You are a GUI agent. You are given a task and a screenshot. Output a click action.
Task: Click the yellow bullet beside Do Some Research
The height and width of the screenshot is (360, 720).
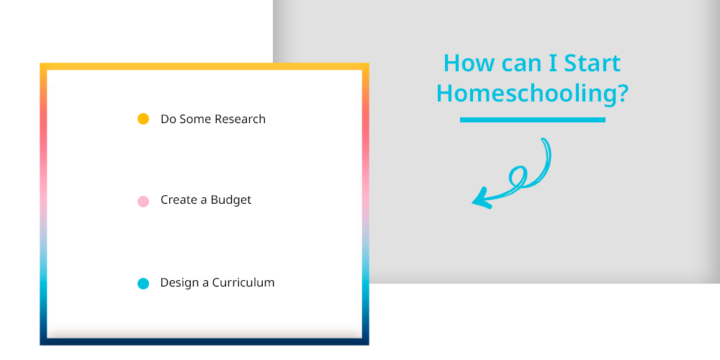pos(143,119)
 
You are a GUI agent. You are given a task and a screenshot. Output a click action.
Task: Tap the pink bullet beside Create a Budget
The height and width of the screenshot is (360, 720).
pos(143,201)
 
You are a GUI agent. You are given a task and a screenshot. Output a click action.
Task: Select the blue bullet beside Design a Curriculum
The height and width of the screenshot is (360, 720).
pos(143,284)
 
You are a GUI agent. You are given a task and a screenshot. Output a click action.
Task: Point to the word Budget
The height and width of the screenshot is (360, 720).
pos(231,200)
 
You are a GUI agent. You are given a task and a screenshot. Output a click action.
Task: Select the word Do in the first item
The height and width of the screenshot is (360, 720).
pos(168,119)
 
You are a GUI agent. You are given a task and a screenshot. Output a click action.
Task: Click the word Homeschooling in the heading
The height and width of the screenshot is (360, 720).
pos(526,94)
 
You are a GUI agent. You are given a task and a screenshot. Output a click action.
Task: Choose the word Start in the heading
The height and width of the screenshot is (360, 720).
pos(593,63)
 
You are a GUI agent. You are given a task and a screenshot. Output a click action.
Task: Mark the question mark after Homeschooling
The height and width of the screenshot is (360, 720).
pos(623,93)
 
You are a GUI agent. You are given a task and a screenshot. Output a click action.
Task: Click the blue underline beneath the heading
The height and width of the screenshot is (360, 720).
pos(533,120)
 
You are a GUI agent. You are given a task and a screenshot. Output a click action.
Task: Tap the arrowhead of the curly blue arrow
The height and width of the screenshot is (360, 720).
pos(481,199)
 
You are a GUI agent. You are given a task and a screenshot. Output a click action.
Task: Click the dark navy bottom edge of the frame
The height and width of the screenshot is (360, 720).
pos(204,341)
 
